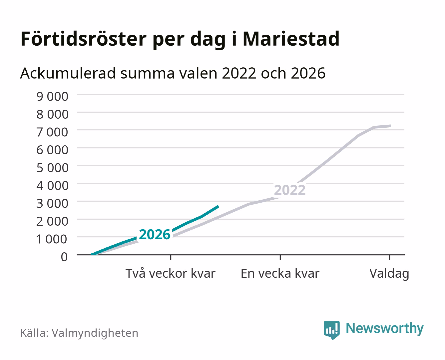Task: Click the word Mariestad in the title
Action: click(x=291, y=39)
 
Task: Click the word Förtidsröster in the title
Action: click(x=83, y=39)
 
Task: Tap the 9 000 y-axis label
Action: click(x=52, y=96)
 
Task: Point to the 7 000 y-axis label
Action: click(x=52, y=132)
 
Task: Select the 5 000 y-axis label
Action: click(x=52, y=168)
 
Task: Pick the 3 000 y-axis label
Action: click(x=52, y=203)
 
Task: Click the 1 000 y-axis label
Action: click(x=51, y=239)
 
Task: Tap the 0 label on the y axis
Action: click(x=64, y=257)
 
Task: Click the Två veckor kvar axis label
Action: click(x=170, y=273)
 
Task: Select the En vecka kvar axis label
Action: click(x=280, y=273)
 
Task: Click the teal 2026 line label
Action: click(x=155, y=234)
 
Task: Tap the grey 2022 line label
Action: click(x=290, y=190)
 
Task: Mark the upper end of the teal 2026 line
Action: click(x=218, y=206)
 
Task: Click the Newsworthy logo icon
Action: click(x=332, y=330)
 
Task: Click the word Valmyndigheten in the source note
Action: click(x=95, y=333)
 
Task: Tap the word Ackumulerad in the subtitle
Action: click(x=68, y=73)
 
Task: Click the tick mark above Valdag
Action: click(x=389, y=257)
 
